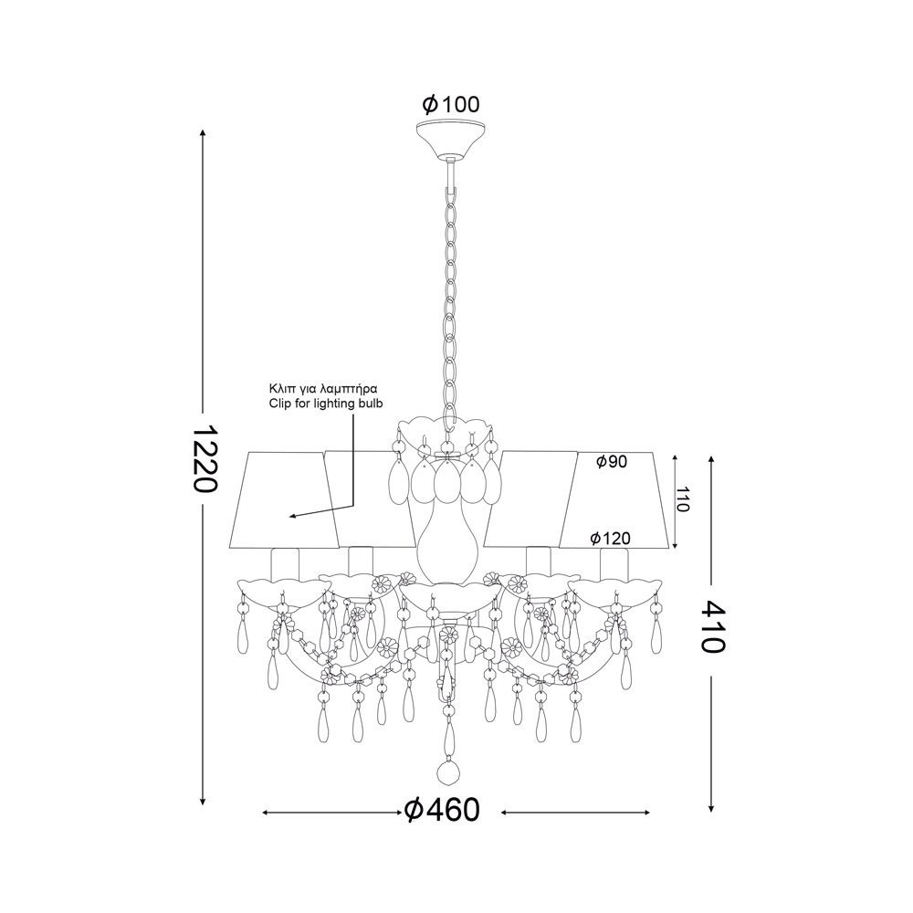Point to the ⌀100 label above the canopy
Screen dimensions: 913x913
[451, 105]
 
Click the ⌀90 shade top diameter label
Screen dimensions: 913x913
[612, 462]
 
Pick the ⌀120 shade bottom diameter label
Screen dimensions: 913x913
[610, 539]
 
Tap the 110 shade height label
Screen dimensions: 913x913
[682, 498]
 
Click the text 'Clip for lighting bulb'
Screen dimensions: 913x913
[326, 404]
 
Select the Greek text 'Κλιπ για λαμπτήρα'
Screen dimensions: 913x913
[324, 388]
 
